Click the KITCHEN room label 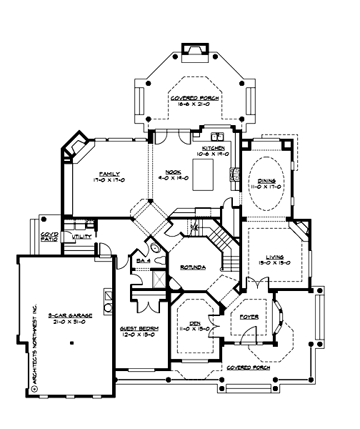tap(213, 147)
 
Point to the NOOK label tap(172, 172)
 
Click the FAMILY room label tap(109, 174)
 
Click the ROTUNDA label tap(194, 267)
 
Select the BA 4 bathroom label tap(143, 262)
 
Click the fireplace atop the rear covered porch tap(193, 50)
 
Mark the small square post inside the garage tap(73, 342)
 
